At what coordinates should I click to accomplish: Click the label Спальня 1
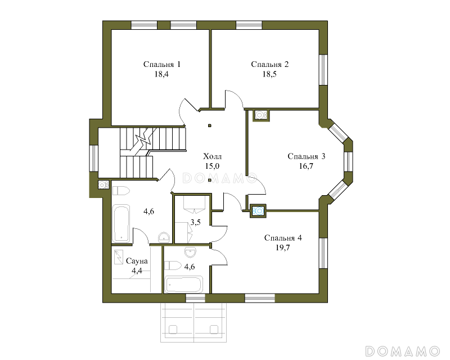coord(162,64)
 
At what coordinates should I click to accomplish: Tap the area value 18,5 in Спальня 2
coord(269,74)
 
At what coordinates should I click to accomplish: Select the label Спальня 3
coord(306,156)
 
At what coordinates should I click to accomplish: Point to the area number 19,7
coord(283,247)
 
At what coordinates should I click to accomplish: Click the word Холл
coord(213,156)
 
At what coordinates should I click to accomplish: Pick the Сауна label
coord(137,261)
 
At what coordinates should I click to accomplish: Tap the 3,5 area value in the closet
coord(195,222)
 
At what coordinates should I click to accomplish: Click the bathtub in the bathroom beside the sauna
coord(121,223)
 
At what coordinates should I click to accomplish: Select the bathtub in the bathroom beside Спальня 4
coord(184,284)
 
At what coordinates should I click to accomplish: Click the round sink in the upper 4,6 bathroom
coord(164,237)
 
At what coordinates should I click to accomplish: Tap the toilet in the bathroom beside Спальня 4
coord(173,265)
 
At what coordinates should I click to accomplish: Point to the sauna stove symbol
coord(118,258)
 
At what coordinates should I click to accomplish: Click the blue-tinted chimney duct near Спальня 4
coord(258,211)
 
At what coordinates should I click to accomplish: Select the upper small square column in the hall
coord(210,125)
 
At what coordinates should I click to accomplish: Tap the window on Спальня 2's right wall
coord(323,70)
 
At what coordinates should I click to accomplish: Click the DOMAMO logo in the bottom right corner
coord(403,351)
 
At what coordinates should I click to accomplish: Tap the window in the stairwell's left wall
coord(93,159)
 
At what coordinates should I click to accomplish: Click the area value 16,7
coord(306,166)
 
